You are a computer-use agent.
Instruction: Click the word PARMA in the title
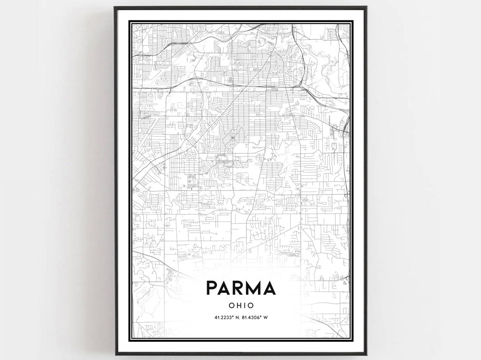[240, 288]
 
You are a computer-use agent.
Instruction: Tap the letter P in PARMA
[212, 288]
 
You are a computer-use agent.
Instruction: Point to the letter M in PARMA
[254, 288]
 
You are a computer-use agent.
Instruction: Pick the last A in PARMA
[269, 288]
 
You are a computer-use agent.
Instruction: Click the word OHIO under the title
[240, 305]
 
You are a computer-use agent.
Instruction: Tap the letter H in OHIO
[238, 305]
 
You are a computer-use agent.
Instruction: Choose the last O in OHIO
[250, 305]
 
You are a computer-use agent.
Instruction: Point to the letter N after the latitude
[236, 317]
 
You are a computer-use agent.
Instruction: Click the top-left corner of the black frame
[115, 7]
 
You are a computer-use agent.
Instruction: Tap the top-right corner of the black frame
[366, 7]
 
